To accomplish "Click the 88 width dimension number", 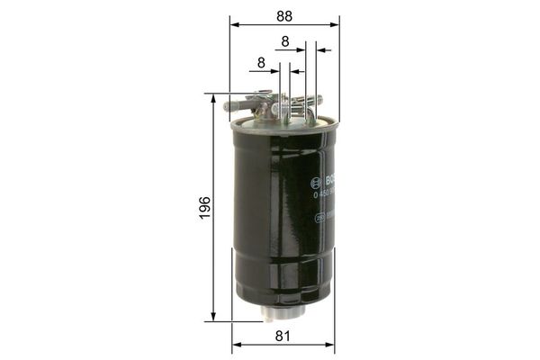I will click(284, 15).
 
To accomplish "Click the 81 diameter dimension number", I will click(283, 337).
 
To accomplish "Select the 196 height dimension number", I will click(205, 207).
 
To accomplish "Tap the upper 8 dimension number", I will click(285, 41).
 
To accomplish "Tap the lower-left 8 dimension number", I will click(261, 63).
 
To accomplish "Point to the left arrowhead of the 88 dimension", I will click(233, 24).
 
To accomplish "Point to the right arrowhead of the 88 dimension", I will click(336, 24).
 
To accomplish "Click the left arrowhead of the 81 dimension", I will click(236, 345).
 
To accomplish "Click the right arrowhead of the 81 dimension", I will click(330, 345).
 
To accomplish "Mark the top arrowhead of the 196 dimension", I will click(214, 97).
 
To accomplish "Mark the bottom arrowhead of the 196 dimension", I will click(214, 316).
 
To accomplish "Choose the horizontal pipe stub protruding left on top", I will click(236, 105).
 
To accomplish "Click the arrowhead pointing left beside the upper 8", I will click(320, 49).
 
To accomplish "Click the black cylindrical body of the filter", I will click(279, 216).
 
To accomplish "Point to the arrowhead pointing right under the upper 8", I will click(301, 49).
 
